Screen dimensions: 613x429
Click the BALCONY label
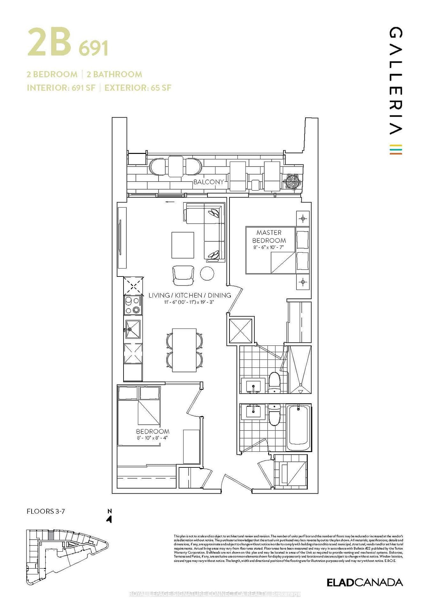(208, 182)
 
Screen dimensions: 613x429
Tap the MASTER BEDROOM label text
(269, 237)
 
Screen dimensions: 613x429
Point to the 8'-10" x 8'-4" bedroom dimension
(152, 438)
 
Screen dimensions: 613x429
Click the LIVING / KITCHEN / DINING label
(190, 295)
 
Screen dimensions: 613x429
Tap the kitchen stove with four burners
(133, 305)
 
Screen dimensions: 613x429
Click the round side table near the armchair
(207, 273)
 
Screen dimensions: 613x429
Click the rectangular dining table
(184, 350)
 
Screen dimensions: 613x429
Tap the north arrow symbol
(109, 519)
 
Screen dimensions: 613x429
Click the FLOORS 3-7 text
(46, 511)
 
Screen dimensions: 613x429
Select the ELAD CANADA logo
(365, 582)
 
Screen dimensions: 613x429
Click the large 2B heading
(49, 42)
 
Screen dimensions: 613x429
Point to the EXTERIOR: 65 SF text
(138, 88)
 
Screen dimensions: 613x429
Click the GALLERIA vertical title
(396, 81)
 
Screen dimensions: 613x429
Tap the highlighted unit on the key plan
(51, 536)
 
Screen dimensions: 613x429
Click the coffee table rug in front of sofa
(183, 245)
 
